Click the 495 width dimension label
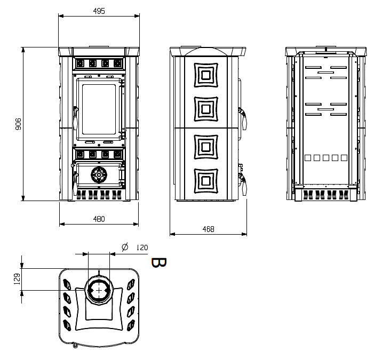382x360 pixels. point(99,11)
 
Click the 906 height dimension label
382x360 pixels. point(18,124)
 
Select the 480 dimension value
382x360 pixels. point(99,219)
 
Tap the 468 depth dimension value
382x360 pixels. point(208,229)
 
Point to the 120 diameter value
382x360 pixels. point(142,247)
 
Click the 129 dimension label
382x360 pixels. point(17,279)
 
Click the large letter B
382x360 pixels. point(159,262)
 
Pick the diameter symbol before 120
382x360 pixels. point(125,247)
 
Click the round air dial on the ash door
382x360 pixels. point(99,174)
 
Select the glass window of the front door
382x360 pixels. point(99,110)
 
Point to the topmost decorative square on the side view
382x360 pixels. point(206,75)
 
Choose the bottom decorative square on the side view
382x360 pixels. point(206,181)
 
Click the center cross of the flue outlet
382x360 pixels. point(99,290)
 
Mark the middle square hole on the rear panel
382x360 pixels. point(326,158)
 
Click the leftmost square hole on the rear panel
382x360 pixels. point(308,158)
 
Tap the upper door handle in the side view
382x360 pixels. point(243,119)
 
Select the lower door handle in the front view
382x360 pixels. point(75,183)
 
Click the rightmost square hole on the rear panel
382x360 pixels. point(344,158)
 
